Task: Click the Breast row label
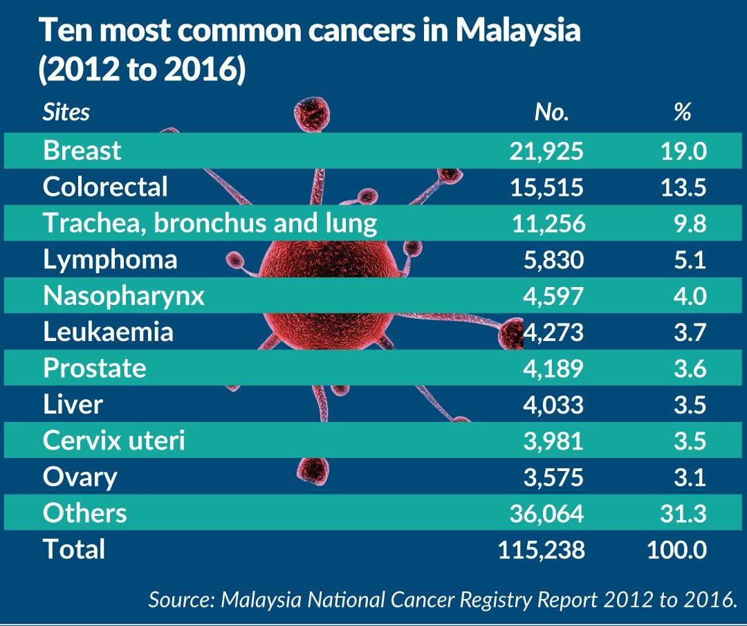click(x=82, y=151)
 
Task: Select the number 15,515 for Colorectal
click(x=546, y=187)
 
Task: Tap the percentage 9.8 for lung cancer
click(x=690, y=223)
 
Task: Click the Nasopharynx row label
click(x=124, y=297)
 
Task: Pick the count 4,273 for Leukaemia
click(x=553, y=332)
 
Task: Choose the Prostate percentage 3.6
click(x=690, y=368)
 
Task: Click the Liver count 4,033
click(x=553, y=405)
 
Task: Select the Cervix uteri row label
click(x=114, y=440)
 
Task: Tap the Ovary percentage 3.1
click(x=690, y=477)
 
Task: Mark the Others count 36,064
click(x=546, y=513)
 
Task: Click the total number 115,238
click(x=541, y=549)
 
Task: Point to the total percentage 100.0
click(x=677, y=549)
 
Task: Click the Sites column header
click(x=66, y=113)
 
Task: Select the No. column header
click(x=552, y=113)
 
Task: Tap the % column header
click(x=682, y=113)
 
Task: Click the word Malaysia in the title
click(x=518, y=31)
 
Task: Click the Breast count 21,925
click(x=546, y=151)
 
